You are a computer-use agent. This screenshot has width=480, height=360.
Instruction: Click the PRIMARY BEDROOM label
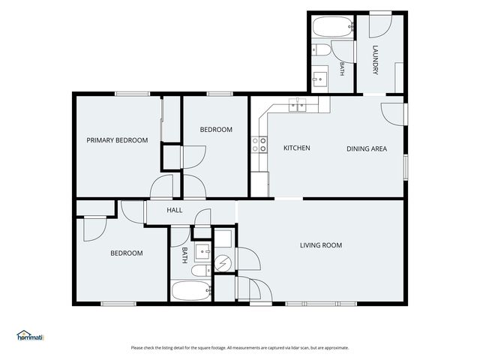(117, 140)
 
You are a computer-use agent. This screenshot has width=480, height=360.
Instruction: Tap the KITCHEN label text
(297, 148)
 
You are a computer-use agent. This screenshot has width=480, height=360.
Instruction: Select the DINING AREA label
(367, 148)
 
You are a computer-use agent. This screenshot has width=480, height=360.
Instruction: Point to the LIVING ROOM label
(321, 245)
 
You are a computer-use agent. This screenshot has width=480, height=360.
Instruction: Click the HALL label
(175, 210)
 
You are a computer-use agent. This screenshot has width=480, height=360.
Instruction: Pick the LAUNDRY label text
(375, 60)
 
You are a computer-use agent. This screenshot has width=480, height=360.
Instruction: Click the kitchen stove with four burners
(259, 145)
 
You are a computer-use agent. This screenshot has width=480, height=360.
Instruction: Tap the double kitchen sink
(297, 105)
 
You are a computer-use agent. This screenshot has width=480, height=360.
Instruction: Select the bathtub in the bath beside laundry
(333, 27)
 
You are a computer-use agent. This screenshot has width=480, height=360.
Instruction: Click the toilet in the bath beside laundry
(322, 50)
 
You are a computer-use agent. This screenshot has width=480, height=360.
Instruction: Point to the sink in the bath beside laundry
(319, 79)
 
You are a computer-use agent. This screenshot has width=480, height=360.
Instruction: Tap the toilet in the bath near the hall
(201, 270)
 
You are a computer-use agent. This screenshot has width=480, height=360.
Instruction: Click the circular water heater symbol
(223, 262)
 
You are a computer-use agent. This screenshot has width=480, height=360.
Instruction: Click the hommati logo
(30, 335)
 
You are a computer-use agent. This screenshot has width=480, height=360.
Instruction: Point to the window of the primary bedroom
(132, 94)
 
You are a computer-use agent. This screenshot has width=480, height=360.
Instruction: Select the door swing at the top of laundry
(380, 26)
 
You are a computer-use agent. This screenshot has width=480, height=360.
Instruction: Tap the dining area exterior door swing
(393, 114)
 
